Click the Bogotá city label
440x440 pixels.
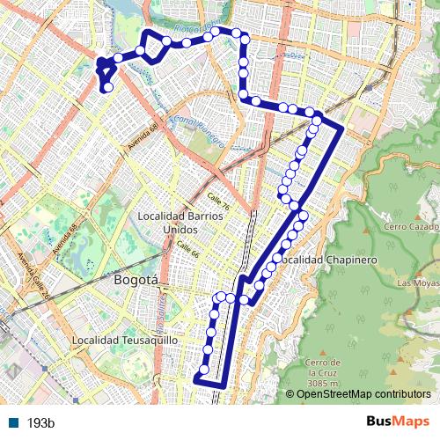(x=136, y=281)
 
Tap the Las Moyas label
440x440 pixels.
(x=417, y=283)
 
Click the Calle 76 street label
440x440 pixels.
(x=220, y=202)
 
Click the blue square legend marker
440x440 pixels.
(x=13, y=423)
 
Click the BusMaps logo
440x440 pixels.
(x=398, y=422)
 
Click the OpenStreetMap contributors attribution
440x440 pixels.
(x=363, y=394)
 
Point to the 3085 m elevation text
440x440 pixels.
(x=324, y=384)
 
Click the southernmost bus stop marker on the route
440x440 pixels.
(x=204, y=370)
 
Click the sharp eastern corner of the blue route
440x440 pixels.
(x=341, y=128)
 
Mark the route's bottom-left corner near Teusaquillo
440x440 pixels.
(x=195, y=380)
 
